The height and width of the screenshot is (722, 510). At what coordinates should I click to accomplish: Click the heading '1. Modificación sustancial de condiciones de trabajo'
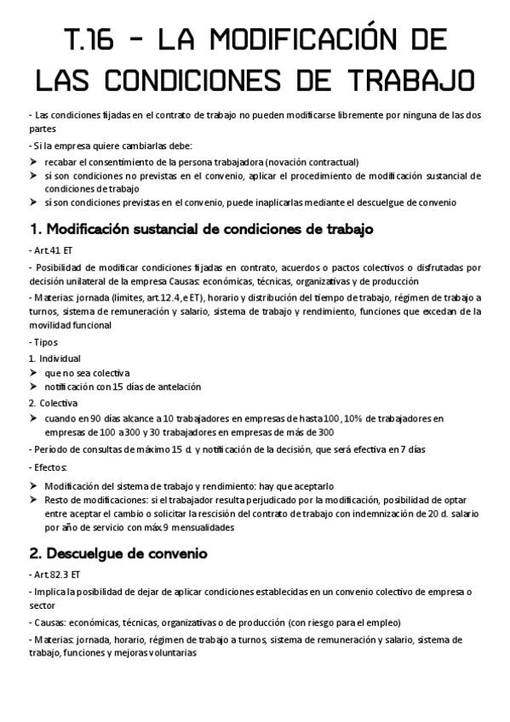click(202, 230)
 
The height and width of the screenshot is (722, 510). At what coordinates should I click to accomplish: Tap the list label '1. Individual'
click(54, 358)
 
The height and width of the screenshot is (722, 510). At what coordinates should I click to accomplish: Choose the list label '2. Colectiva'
click(53, 403)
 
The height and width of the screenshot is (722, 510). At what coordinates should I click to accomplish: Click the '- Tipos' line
click(44, 341)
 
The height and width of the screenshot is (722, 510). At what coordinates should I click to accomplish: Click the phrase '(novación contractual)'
click(311, 162)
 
